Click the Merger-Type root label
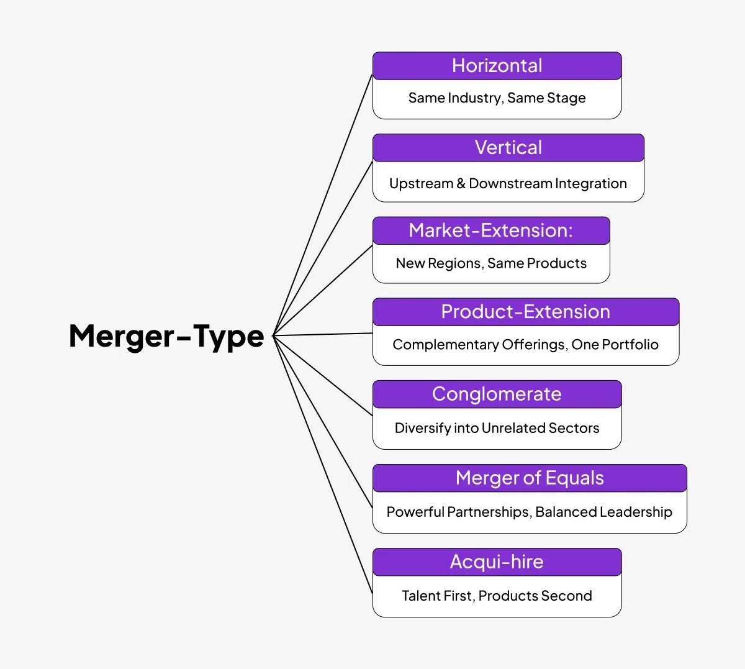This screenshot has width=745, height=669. point(166,336)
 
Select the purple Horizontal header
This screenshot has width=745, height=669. point(497,66)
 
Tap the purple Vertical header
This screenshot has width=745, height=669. point(508,148)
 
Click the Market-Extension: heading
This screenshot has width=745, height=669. point(490,230)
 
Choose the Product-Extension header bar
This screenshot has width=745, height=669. point(525,312)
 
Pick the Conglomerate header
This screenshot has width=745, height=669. point(497,394)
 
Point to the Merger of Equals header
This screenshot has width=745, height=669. point(529,478)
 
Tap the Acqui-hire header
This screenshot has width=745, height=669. point(497,562)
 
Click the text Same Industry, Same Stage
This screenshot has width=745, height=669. point(497,98)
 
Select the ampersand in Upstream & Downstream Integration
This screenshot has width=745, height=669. point(461,183)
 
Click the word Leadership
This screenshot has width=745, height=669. point(636,512)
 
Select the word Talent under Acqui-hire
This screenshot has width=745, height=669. point(420,596)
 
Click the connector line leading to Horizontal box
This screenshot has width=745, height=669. point(323,205)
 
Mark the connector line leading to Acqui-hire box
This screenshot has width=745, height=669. point(323,465)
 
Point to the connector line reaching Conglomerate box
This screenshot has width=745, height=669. point(323,376)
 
